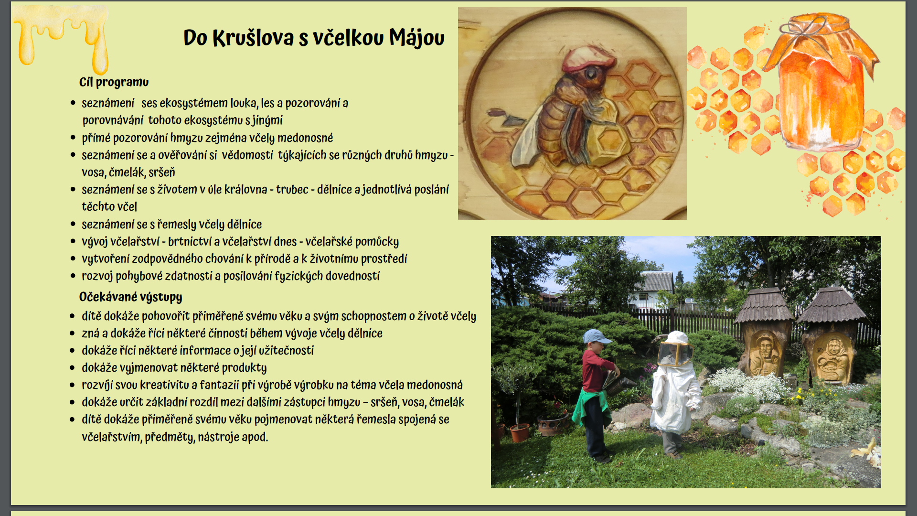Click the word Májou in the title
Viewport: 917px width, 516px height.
(x=416, y=38)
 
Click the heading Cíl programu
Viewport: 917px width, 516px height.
(x=114, y=82)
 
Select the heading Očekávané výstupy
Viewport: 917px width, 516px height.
(x=130, y=297)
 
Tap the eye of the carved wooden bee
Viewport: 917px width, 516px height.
(x=591, y=74)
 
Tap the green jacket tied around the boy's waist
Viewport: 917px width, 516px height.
(x=591, y=406)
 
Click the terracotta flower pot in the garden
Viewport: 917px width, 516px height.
(x=519, y=433)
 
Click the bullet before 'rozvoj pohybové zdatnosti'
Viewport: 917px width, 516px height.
(x=73, y=276)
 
